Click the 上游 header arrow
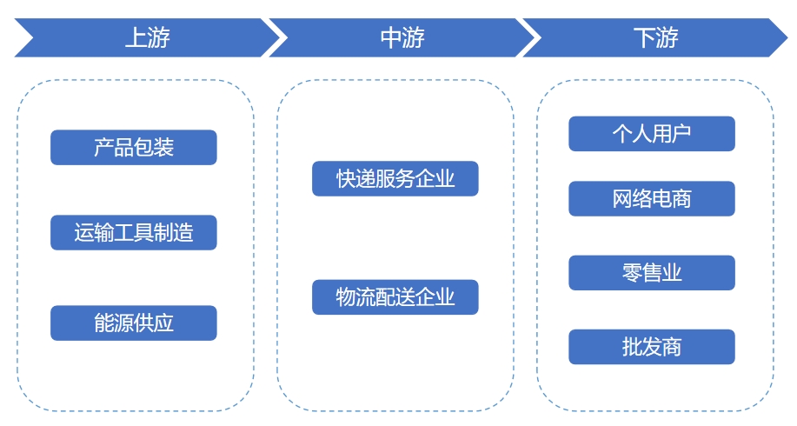click(x=147, y=38)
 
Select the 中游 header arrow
click(x=402, y=38)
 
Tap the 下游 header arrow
click(x=655, y=38)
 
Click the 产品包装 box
click(x=133, y=147)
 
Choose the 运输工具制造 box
click(x=133, y=233)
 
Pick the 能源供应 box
click(x=133, y=323)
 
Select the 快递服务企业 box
click(x=395, y=178)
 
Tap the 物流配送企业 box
click(x=395, y=296)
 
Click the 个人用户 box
click(x=652, y=134)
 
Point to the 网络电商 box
click(x=652, y=198)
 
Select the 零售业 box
click(x=652, y=273)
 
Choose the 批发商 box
click(x=652, y=347)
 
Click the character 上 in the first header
click(x=135, y=38)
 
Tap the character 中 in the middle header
click(x=390, y=38)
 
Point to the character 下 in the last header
click(x=644, y=38)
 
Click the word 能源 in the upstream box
click(x=114, y=323)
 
